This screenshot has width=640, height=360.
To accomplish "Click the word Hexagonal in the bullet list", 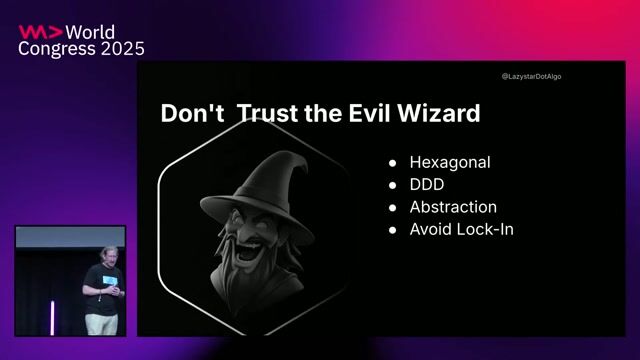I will coord(450,162).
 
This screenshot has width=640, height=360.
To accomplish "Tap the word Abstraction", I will coord(453,207).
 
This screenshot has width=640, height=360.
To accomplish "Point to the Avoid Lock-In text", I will coord(461,230).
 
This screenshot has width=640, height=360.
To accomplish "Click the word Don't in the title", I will coord(191,114).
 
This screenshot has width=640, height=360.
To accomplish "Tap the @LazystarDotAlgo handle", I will coord(531,76).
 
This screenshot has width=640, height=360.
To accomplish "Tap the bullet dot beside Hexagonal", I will coord(393,163).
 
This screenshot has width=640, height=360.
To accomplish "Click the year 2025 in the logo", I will coord(119,49).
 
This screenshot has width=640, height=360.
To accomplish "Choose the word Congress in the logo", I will coord(55,49).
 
